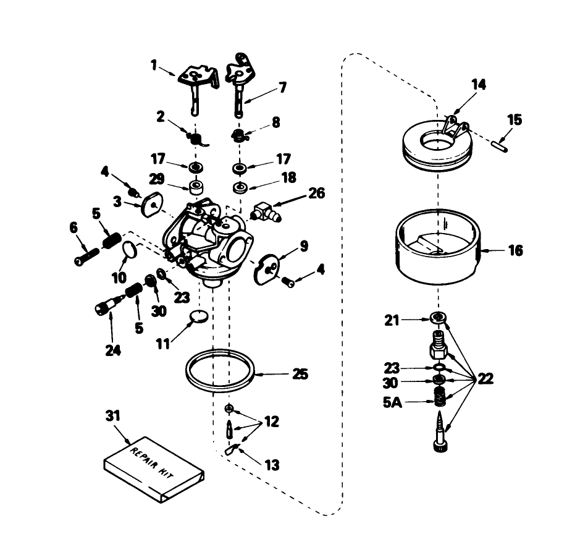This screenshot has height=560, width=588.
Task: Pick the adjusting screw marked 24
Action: tap(108, 305)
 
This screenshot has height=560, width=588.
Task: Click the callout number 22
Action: tap(485, 379)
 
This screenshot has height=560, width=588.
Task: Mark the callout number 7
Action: tap(282, 88)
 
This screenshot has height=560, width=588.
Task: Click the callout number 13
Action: tap(272, 465)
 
